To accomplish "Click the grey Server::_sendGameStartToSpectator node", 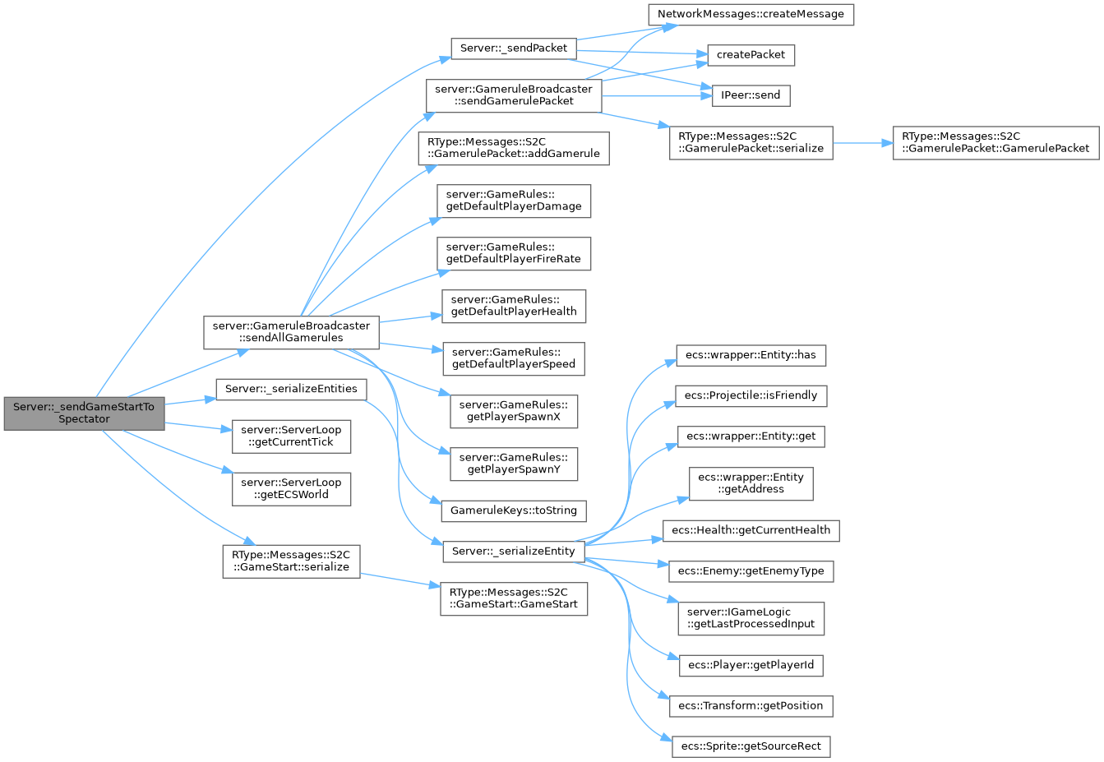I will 84,413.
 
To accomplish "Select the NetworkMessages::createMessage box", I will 751,14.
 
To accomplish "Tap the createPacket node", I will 751,54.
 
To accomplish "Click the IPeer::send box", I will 751,95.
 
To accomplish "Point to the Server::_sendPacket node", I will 513,48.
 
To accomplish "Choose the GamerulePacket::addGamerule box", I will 514,147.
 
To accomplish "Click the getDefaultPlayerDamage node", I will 514,201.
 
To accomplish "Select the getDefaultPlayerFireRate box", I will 514,253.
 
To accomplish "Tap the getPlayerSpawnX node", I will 514,411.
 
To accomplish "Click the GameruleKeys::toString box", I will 514,510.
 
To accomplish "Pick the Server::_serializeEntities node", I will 291,389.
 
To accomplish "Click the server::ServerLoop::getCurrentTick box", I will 291,436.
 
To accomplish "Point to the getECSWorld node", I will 291,488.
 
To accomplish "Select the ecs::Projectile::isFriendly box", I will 751,395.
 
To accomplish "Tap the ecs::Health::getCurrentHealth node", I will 751,530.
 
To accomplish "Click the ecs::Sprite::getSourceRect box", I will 751,746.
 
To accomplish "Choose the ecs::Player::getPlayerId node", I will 751,665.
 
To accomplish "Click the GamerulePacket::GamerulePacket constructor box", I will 995,142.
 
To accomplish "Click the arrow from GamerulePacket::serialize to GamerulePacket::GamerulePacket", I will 863,143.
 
